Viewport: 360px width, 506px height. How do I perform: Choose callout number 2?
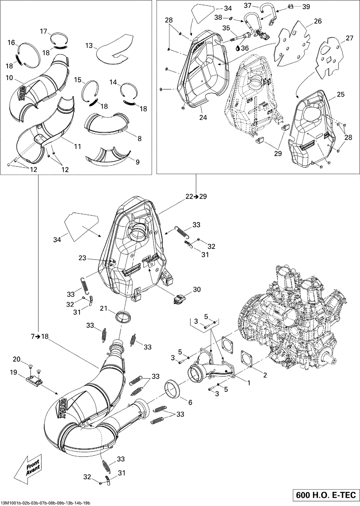265,375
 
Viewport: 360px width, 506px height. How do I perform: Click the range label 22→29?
196,197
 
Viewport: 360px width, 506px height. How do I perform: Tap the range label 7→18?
40,336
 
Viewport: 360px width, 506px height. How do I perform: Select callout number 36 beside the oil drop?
245,48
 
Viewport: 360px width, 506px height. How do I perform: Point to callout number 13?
89,45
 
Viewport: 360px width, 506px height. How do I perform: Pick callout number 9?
137,162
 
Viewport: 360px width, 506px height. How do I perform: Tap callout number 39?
306,7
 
